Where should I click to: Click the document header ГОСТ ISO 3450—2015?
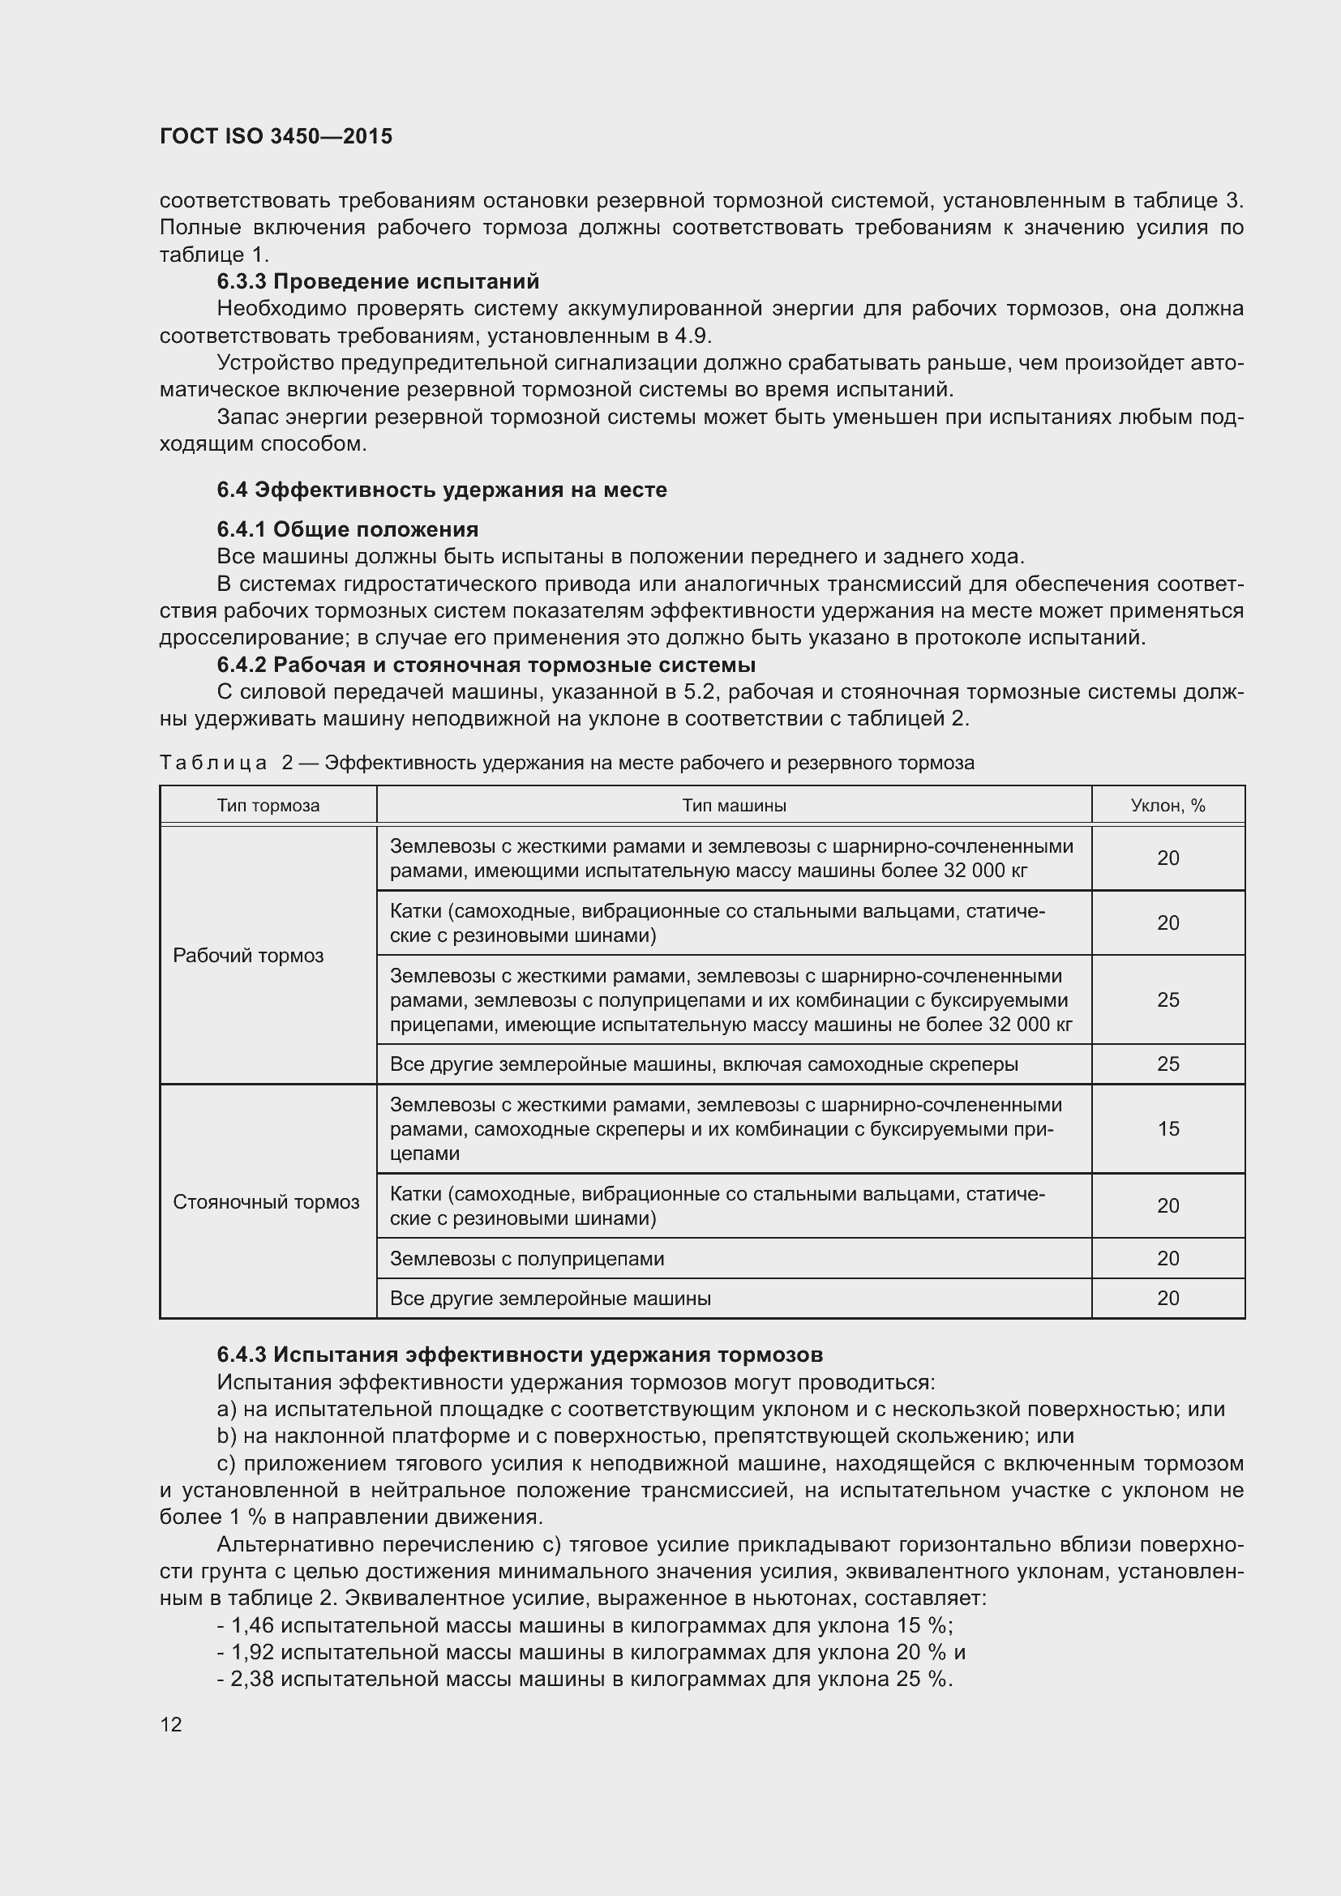276,136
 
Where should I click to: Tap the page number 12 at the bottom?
171,1724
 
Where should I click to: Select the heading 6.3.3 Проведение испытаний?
377,281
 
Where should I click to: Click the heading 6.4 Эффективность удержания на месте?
442,490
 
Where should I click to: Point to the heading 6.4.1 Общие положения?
348,529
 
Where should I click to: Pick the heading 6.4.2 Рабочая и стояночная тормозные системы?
486,665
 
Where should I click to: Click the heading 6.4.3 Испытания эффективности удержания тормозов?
520,1355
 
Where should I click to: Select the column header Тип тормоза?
268,805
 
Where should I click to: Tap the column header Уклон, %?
1167,805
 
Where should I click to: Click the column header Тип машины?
733,805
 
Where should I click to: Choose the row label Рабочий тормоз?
248,956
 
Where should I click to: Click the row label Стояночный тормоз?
266,1201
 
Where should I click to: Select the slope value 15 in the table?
1167,1129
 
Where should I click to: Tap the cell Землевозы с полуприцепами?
527,1259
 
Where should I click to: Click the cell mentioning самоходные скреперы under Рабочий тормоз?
704,1064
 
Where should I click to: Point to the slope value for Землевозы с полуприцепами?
1167,1259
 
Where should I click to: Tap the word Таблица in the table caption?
213,762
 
